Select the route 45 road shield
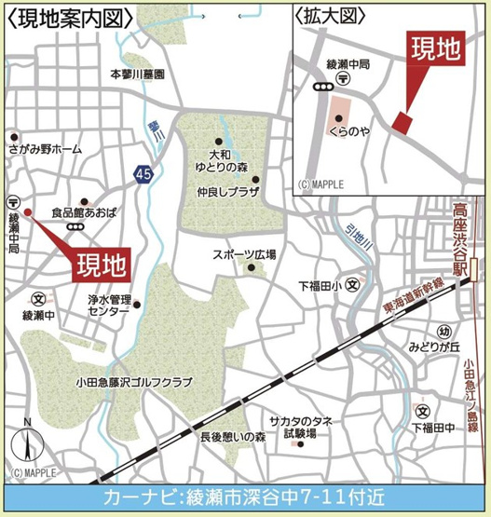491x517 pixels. click(143, 173)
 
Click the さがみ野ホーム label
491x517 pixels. click(44, 149)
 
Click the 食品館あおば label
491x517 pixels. click(83, 213)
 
